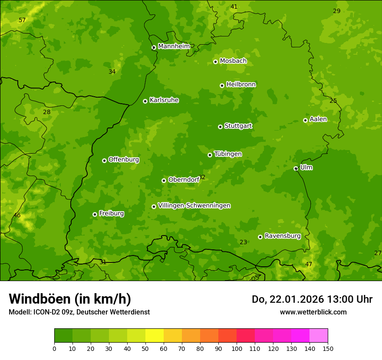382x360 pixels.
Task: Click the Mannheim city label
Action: pos(174,46)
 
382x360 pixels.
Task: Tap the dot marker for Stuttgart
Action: pos(220,127)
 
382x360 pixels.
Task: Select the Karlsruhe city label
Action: pos(164,100)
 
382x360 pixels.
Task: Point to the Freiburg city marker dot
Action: pos(95,214)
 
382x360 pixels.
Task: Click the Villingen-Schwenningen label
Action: pos(194,206)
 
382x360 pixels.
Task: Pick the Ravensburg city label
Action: pos(282,236)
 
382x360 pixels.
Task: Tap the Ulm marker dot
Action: pos(296,168)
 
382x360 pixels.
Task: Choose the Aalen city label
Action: pos(318,119)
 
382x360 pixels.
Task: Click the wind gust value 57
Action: pos(22,20)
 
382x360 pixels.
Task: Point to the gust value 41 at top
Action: pos(234,7)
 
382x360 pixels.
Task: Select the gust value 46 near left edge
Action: pos(17,216)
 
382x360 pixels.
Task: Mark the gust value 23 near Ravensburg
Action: pos(243,242)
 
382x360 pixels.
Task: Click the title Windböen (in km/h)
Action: pos(70,299)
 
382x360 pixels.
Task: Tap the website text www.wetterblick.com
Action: pos(313,312)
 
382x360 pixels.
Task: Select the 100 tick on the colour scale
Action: pos(237,348)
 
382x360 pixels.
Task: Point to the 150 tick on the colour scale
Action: pos(328,348)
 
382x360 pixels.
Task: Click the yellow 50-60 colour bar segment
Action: pos(155,335)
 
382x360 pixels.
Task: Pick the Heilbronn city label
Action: pos(240,85)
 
